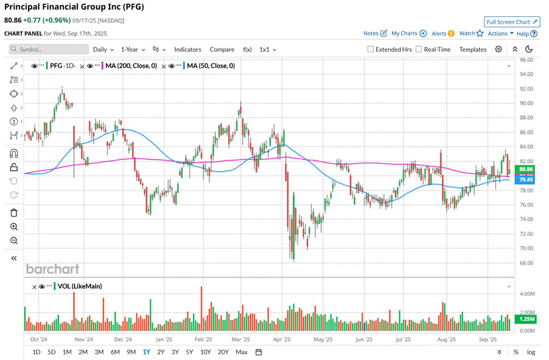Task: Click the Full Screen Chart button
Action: click(512, 22)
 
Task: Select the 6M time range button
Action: click(115, 352)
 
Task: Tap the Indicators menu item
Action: click(187, 49)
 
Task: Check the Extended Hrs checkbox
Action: click(371, 49)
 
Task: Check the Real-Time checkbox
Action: click(419, 49)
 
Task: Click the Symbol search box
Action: click(49, 49)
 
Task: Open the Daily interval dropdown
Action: click(103, 49)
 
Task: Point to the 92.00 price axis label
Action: click(526, 89)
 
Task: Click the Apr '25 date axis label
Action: click(282, 339)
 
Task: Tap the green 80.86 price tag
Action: click(525, 169)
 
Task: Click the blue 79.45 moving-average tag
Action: click(525, 180)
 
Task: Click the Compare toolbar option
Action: click(222, 49)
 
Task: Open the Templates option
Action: click(473, 49)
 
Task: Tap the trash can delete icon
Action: click(13, 213)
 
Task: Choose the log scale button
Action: click(531, 352)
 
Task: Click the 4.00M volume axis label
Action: click(527, 294)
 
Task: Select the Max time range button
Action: click(242, 352)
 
